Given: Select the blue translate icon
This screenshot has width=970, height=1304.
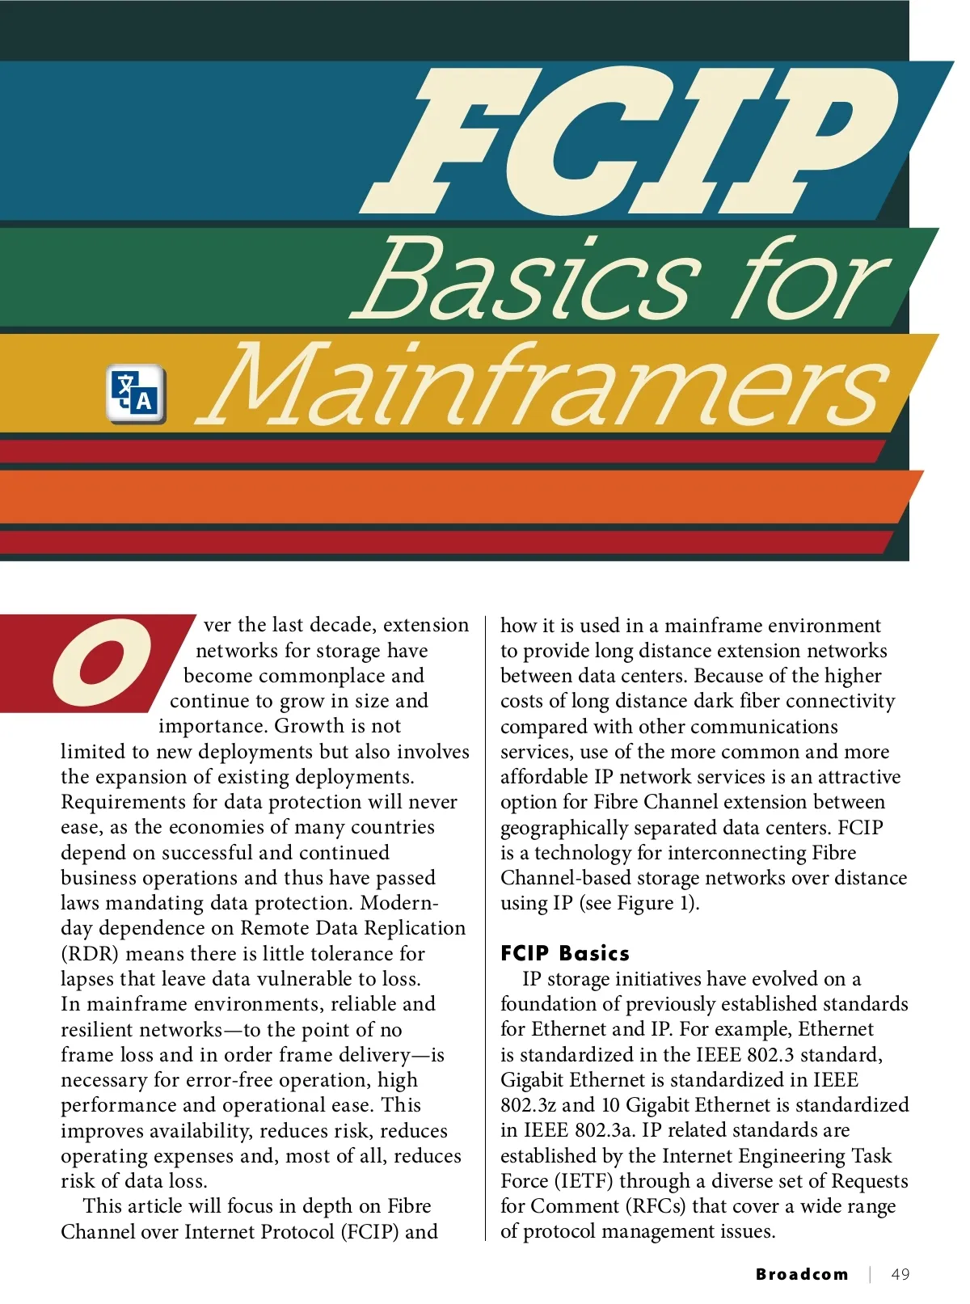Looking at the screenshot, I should click(x=136, y=394).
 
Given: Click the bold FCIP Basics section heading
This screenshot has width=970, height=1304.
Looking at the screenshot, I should click(x=564, y=953).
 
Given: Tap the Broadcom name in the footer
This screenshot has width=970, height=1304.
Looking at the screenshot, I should click(x=802, y=1274).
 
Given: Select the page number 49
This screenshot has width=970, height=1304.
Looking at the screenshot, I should click(x=900, y=1274).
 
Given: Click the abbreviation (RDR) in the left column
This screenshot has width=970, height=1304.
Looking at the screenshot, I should click(x=90, y=954).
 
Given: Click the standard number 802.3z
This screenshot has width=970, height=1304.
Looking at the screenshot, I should click(x=528, y=1105).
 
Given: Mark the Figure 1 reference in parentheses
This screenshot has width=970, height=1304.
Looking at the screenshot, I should click(x=639, y=903).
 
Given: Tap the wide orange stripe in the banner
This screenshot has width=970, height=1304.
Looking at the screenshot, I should click(x=453, y=496).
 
